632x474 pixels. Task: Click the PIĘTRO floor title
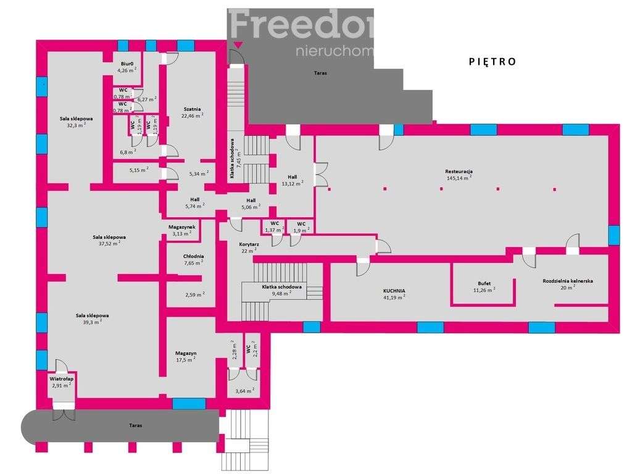[492, 61]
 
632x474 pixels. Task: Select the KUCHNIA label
[394, 289]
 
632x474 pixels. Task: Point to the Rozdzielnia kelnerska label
[568, 280]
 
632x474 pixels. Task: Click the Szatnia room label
[192, 109]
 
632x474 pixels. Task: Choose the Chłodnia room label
[193, 256]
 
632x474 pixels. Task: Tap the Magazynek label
[181, 227]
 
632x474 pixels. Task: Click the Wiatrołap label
[61, 378]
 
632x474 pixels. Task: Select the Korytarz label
[249, 244]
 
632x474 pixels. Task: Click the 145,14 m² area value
[459, 178]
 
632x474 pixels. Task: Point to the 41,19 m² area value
[394, 297]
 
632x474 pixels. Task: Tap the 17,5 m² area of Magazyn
[185, 359]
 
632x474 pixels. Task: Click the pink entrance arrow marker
[238, 44]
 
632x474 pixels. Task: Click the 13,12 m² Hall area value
[292, 183]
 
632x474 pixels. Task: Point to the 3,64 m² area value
[245, 390]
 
